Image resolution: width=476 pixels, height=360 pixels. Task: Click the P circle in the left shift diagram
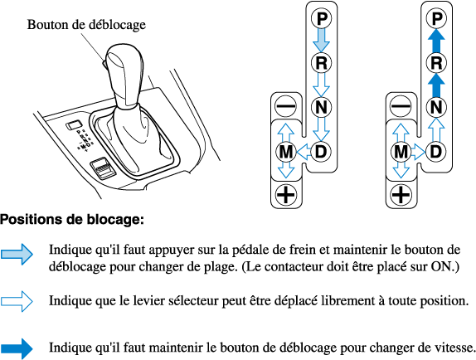(x=322, y=18)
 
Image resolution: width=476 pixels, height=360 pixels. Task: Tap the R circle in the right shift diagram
(x=436, y=63)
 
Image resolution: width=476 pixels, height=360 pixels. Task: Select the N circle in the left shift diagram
(x=322, y=107)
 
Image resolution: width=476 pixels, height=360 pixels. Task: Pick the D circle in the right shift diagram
(x=436, y=152)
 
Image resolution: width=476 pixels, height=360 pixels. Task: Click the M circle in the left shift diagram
(x=285, y=152)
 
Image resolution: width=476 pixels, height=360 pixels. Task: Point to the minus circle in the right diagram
(x=401, y=106)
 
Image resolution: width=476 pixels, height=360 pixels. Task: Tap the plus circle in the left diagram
(x=285, y=195)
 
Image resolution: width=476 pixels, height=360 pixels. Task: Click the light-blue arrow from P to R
(x=322, y=41)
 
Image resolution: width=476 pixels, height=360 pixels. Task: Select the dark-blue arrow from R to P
(x=436, y=41)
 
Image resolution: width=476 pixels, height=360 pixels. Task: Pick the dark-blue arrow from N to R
(x=436, y=85)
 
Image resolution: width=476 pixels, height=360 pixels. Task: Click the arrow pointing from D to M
(x=304, y=152)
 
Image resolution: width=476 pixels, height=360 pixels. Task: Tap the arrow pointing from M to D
(x=418, y=152)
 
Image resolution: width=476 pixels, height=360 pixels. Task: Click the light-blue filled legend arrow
(x=17, y=254)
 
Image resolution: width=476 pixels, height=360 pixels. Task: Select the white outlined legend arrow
(x=17, y=301)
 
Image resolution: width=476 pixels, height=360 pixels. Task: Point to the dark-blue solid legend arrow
(x=17, y=348)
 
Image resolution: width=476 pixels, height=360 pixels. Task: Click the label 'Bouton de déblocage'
(x=86, y=25)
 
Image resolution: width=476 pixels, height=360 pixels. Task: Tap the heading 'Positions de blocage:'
(x=71, y=220)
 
